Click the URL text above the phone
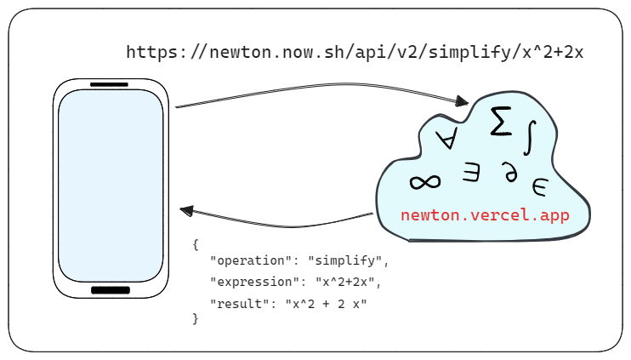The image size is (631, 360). tap(355, 52)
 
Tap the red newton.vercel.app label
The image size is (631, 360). tap(484, 214)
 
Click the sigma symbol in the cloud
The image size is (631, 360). tap(502, 123)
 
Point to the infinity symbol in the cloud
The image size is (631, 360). tap(425, 181)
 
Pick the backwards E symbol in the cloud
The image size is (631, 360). tap(471, 173)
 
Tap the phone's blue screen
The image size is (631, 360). tap(111, 186)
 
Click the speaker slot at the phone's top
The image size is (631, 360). tap(109, 85)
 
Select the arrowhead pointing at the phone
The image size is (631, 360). tap(187, 210)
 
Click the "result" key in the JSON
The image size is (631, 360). tap(241, 303)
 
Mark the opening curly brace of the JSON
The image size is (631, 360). tap(196, 245)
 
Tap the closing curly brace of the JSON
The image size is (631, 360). tap(196, 319)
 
